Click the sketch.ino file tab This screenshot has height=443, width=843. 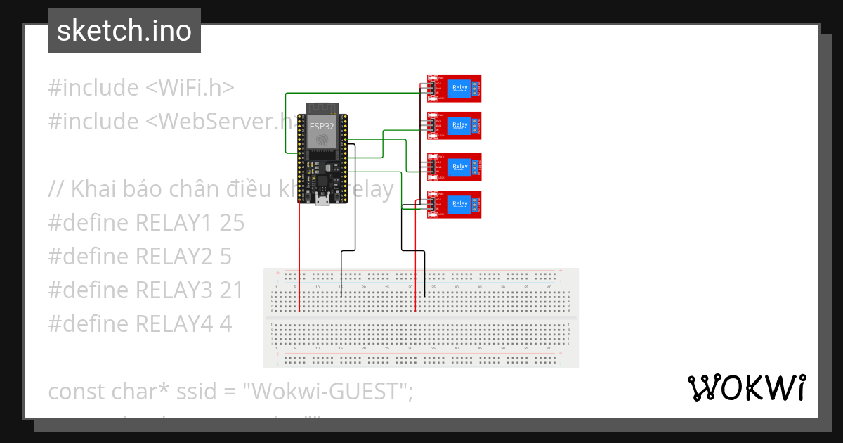click(x=124, y=31)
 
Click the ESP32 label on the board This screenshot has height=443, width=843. click(x=322, y=127)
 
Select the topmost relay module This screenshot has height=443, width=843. click(x=455, y=89)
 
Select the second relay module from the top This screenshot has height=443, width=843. click(x=455, y=126)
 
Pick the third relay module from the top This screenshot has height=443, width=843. click(x=455, y=167)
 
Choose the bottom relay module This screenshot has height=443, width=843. click(x=455, y=205)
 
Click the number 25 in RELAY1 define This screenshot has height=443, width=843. click(x=231, y=223)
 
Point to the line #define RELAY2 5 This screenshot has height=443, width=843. click(x=140, y=257)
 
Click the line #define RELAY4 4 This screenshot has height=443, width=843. click(x=140, y=324)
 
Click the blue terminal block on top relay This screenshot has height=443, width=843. click(x=476, y=89)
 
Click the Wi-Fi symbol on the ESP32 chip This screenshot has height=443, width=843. click(x=322, y=140)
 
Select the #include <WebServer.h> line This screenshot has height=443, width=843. click(x=169, y=122)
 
